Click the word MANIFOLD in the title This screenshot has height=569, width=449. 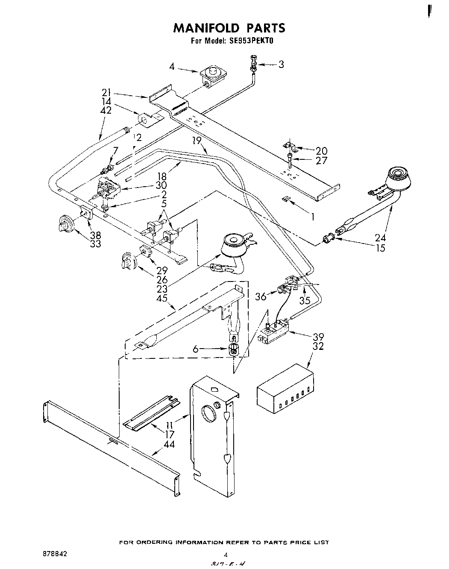point(206,28)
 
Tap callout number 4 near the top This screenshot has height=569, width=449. point(172,67)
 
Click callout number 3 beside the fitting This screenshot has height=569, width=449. point(281,65)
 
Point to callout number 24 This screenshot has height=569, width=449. point(379,238)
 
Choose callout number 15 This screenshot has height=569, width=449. point(379,248)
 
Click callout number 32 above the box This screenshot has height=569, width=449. point(318,346)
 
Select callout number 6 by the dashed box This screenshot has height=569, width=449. point(196,349)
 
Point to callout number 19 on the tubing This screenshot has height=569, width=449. point(197,141)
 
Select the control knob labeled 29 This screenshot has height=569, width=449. point(129,261)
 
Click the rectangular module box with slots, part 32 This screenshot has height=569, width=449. point(285,389)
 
